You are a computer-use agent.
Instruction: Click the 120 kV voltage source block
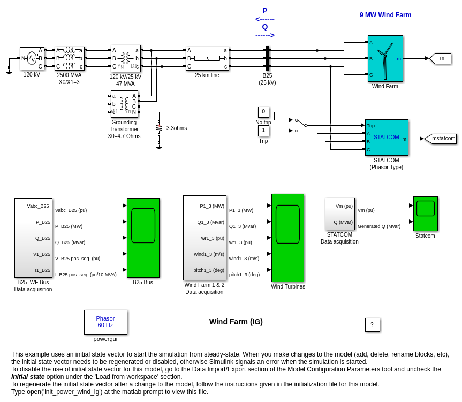pyautogui.click(x=32, y=58)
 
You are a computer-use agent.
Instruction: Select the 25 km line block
pyautogui.click(x=207, y=58)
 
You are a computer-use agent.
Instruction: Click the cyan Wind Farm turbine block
pyautogui.click(x=385, y=58)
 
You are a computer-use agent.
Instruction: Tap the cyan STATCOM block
pyautogui.click(x=387, y=138)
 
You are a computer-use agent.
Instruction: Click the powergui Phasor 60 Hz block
pyautogui.click(x=105, y=322)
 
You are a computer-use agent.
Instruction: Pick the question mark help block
pyautogui.click(x=372, y=325)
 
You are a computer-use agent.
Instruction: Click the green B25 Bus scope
pyautogui.click(x=143, y=238)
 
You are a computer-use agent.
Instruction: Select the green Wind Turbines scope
pyautogui.click(x=287, y=238)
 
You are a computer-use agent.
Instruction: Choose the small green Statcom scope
pyautogui.click(x=426, y=214)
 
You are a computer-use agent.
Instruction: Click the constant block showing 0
pyautogui.click(x=263, y=112)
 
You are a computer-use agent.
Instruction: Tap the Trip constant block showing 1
pyautogui.click(x=263, y=131)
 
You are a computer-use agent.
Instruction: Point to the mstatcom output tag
pyautogui.click(x=442, y=139)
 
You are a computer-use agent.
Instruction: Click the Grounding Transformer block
pyautogui.click(x=124, y=104)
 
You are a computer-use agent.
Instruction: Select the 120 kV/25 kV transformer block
pyautogui.click(x=126, y=58)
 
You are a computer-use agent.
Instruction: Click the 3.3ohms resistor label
pyautogui.click(x=177, y=128)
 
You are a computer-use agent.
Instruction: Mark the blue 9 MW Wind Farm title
pyautogui.click(x=385, y=15)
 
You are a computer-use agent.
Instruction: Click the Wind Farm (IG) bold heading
pyautogui.click(x=236, y=322)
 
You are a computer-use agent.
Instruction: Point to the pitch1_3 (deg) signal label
pyautogui.click(x=244, y=275)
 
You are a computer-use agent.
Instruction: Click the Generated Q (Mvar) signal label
pyautogui.click(x=379, y=226)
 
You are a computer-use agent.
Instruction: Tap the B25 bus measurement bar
pyautogui.click(x=268, y=58)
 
